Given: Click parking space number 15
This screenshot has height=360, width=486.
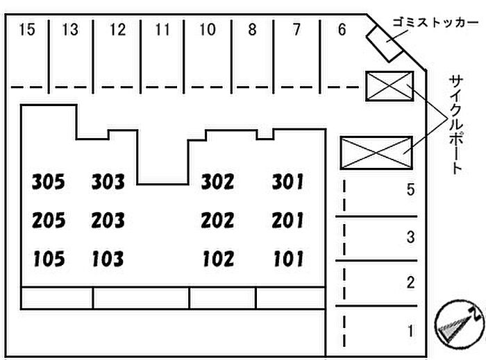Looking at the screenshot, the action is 26,30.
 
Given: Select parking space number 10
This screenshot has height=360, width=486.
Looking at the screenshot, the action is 208,30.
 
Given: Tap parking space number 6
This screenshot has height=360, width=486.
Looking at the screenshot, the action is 342,29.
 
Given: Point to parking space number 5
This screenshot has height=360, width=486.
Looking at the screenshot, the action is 411,189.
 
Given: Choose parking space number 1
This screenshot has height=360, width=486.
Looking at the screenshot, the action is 411,331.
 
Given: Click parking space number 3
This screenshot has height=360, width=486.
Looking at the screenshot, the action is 411,237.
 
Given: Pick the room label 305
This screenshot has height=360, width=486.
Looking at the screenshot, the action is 49,182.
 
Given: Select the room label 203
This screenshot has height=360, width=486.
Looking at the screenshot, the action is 108,221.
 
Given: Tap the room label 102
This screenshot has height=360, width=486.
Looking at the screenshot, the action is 218,259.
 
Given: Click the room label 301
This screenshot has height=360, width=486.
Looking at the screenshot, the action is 287,182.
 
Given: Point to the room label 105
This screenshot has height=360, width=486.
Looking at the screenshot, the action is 49,259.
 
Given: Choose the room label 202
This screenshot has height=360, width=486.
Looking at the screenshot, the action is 217,221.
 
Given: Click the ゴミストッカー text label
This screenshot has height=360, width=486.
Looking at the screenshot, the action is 435,23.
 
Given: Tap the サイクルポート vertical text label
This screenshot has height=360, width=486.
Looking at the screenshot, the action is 455,125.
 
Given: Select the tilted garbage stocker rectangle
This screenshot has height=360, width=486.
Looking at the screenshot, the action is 385,44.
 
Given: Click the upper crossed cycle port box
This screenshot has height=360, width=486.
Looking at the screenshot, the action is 389,87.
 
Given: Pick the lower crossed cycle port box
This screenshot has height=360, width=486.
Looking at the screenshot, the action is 376,153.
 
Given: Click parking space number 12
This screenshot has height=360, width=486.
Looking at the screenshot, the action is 118,30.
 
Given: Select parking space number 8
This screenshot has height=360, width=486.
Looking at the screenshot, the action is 252,30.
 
